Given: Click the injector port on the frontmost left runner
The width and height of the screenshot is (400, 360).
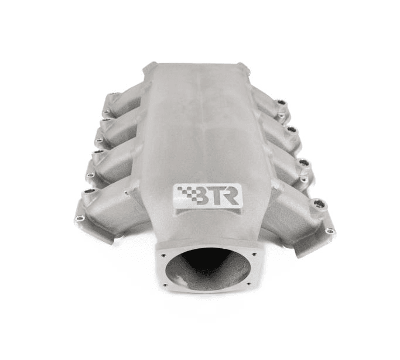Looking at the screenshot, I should pos(89,191).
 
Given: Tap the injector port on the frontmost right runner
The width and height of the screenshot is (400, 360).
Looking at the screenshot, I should pos(319,203).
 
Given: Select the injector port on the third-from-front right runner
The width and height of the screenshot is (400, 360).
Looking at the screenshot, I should pos(292,129).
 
